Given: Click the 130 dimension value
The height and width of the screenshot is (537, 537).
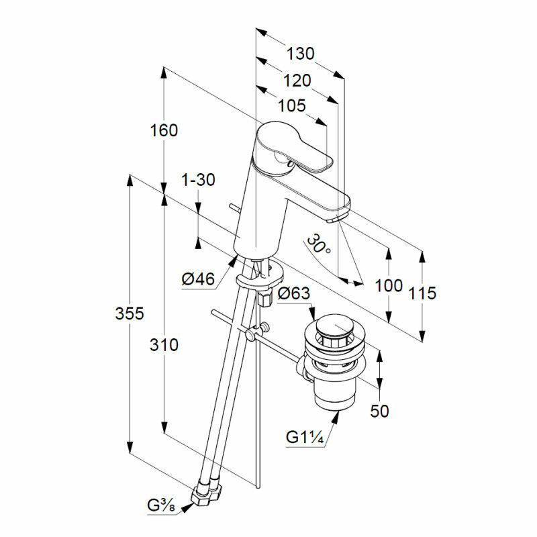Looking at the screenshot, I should click(300, 54).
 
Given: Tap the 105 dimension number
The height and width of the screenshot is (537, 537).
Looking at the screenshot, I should click(291, 105).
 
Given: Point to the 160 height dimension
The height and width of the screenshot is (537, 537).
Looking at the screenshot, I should click(164, 130).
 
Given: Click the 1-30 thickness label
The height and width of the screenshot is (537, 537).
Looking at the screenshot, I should click(198, 180).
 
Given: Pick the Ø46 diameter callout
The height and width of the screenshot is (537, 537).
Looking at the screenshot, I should click(198, 279).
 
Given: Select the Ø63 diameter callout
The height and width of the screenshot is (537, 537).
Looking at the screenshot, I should click(293, 293).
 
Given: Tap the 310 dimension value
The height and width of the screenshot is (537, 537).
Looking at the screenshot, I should click(164, 345).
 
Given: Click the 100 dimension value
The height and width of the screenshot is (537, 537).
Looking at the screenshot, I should click(389, 285).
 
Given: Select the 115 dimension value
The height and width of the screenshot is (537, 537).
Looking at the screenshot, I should click(422, 293).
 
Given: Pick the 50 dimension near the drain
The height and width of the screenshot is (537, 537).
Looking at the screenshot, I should click(379, 411).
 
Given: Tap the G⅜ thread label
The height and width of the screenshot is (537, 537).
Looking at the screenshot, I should click(162, 505).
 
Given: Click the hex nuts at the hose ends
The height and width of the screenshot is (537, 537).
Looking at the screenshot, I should click(206, 495).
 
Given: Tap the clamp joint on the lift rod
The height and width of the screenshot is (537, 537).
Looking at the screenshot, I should click(252, 334).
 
